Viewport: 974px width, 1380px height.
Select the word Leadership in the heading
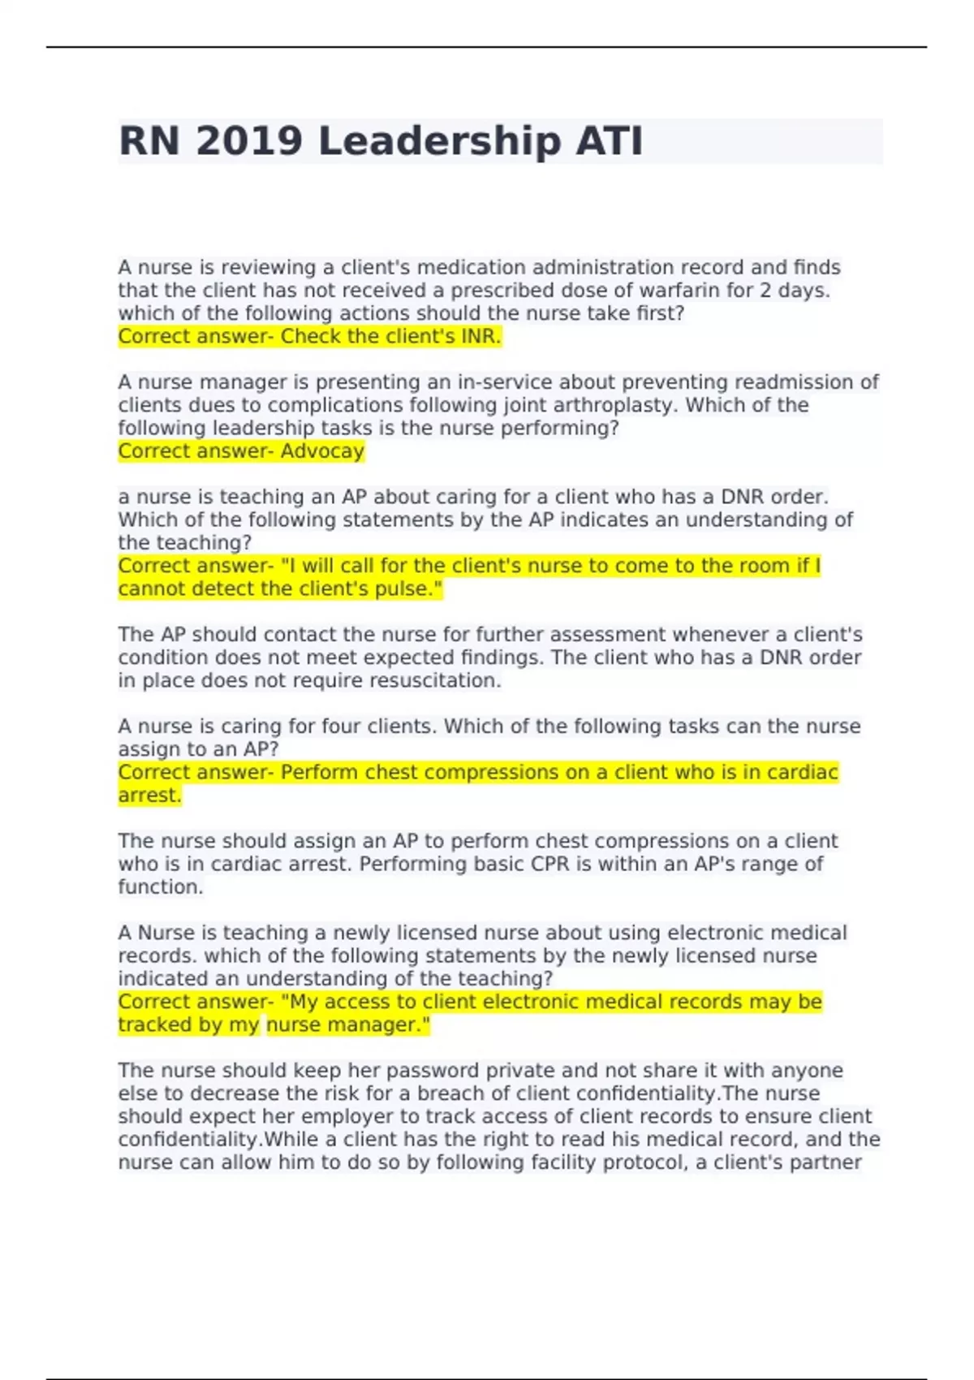pos(438,141)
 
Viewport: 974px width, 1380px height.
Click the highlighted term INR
pos(479,337)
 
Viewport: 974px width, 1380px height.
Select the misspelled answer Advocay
pos(322,451)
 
